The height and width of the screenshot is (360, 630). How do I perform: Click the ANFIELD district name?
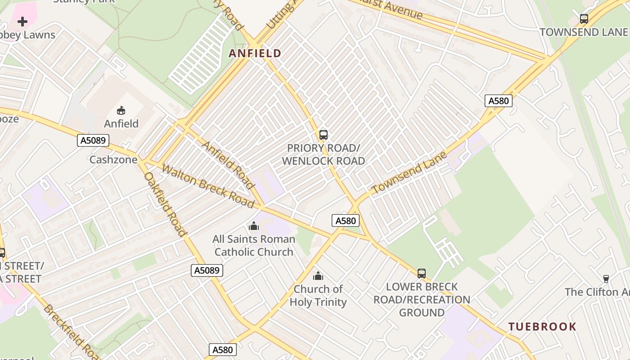(x=255, y=53)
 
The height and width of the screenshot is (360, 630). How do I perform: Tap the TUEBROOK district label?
(x=542, y=327)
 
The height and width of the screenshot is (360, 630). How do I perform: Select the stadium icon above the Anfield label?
(x=121, y=110)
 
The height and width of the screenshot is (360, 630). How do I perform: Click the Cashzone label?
(x=113, y=160)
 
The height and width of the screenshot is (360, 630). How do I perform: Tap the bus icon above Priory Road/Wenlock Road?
(x=323, y=135)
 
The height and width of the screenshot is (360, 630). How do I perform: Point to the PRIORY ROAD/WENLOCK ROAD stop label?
(x=324, y=154)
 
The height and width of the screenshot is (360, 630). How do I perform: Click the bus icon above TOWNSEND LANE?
(x=584, y=19)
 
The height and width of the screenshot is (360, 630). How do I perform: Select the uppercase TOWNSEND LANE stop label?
(x=583, y=32)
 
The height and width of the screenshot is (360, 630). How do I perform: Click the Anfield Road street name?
(x=229, y=165)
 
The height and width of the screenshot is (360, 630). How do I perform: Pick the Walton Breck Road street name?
(x=208, y=186)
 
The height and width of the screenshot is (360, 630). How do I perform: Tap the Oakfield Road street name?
(x=165, y=204)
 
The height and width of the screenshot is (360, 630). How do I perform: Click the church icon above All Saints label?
(x=254, y=226)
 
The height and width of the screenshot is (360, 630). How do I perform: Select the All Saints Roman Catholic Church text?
(x=254, y=245)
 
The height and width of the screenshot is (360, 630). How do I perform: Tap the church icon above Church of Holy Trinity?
(x=318, y=276)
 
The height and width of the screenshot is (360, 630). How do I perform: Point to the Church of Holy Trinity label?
(x=318, y=295)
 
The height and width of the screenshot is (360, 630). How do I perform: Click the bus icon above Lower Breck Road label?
(x=421, y=273)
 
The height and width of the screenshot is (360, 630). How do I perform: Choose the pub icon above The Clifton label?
(x=606, y=279)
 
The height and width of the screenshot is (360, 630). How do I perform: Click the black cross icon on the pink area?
(x=22, y=21)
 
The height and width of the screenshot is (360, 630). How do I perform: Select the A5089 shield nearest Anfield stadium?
(x=94, y=140)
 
